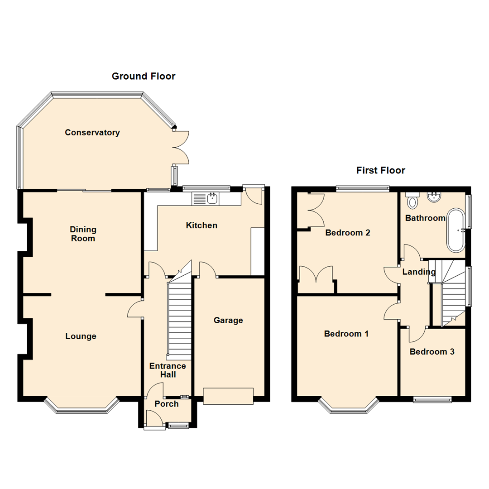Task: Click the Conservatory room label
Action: [x=92, y=133]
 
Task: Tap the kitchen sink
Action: [x=206, y=198]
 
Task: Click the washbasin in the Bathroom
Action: [x=434, y=197]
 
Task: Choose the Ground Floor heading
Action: [x=144, y=76]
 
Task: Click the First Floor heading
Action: [x=380, y=170]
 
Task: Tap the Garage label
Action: [x=228, y=321]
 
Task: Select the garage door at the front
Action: [x=228, y=396]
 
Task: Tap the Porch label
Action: [x=167, y=404]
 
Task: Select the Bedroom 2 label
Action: [x=348, y=233]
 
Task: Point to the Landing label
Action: [x=419, y=272]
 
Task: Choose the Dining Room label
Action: [x=83, y=234]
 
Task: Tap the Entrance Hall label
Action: [x=167, y=370]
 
